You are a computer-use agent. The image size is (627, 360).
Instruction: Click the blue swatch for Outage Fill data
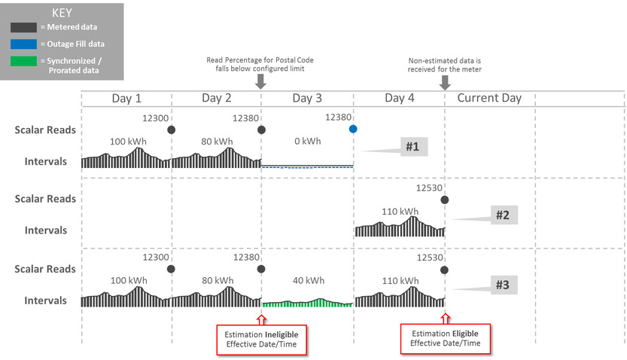click(x=23, y=44)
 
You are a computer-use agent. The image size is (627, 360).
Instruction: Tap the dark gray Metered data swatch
click(x=23, y=27)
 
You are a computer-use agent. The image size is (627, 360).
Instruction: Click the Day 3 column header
click(x=307, y=99)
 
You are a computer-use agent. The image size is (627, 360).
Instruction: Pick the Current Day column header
click(x=489, y=99)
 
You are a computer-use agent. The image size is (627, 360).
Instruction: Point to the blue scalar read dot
click(x=353, y=130)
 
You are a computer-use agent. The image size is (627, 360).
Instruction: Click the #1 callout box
click(x=412, y=147)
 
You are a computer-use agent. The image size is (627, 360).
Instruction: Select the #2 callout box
click(x=503, y=215)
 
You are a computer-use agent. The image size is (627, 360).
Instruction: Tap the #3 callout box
click(x=503, y=285)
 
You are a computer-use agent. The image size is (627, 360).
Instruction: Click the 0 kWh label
click(x=307, y=141)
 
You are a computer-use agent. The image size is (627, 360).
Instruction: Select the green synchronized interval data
click(x=307, y=303)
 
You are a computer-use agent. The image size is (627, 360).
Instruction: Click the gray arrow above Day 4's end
click(x=445, y=82)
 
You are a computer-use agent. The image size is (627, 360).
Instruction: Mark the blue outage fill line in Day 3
click(x=307, y=166)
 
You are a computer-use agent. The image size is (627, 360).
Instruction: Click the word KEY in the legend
click(x=62, y=13)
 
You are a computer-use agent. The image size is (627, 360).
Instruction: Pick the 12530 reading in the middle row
click(x=430, y=188)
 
